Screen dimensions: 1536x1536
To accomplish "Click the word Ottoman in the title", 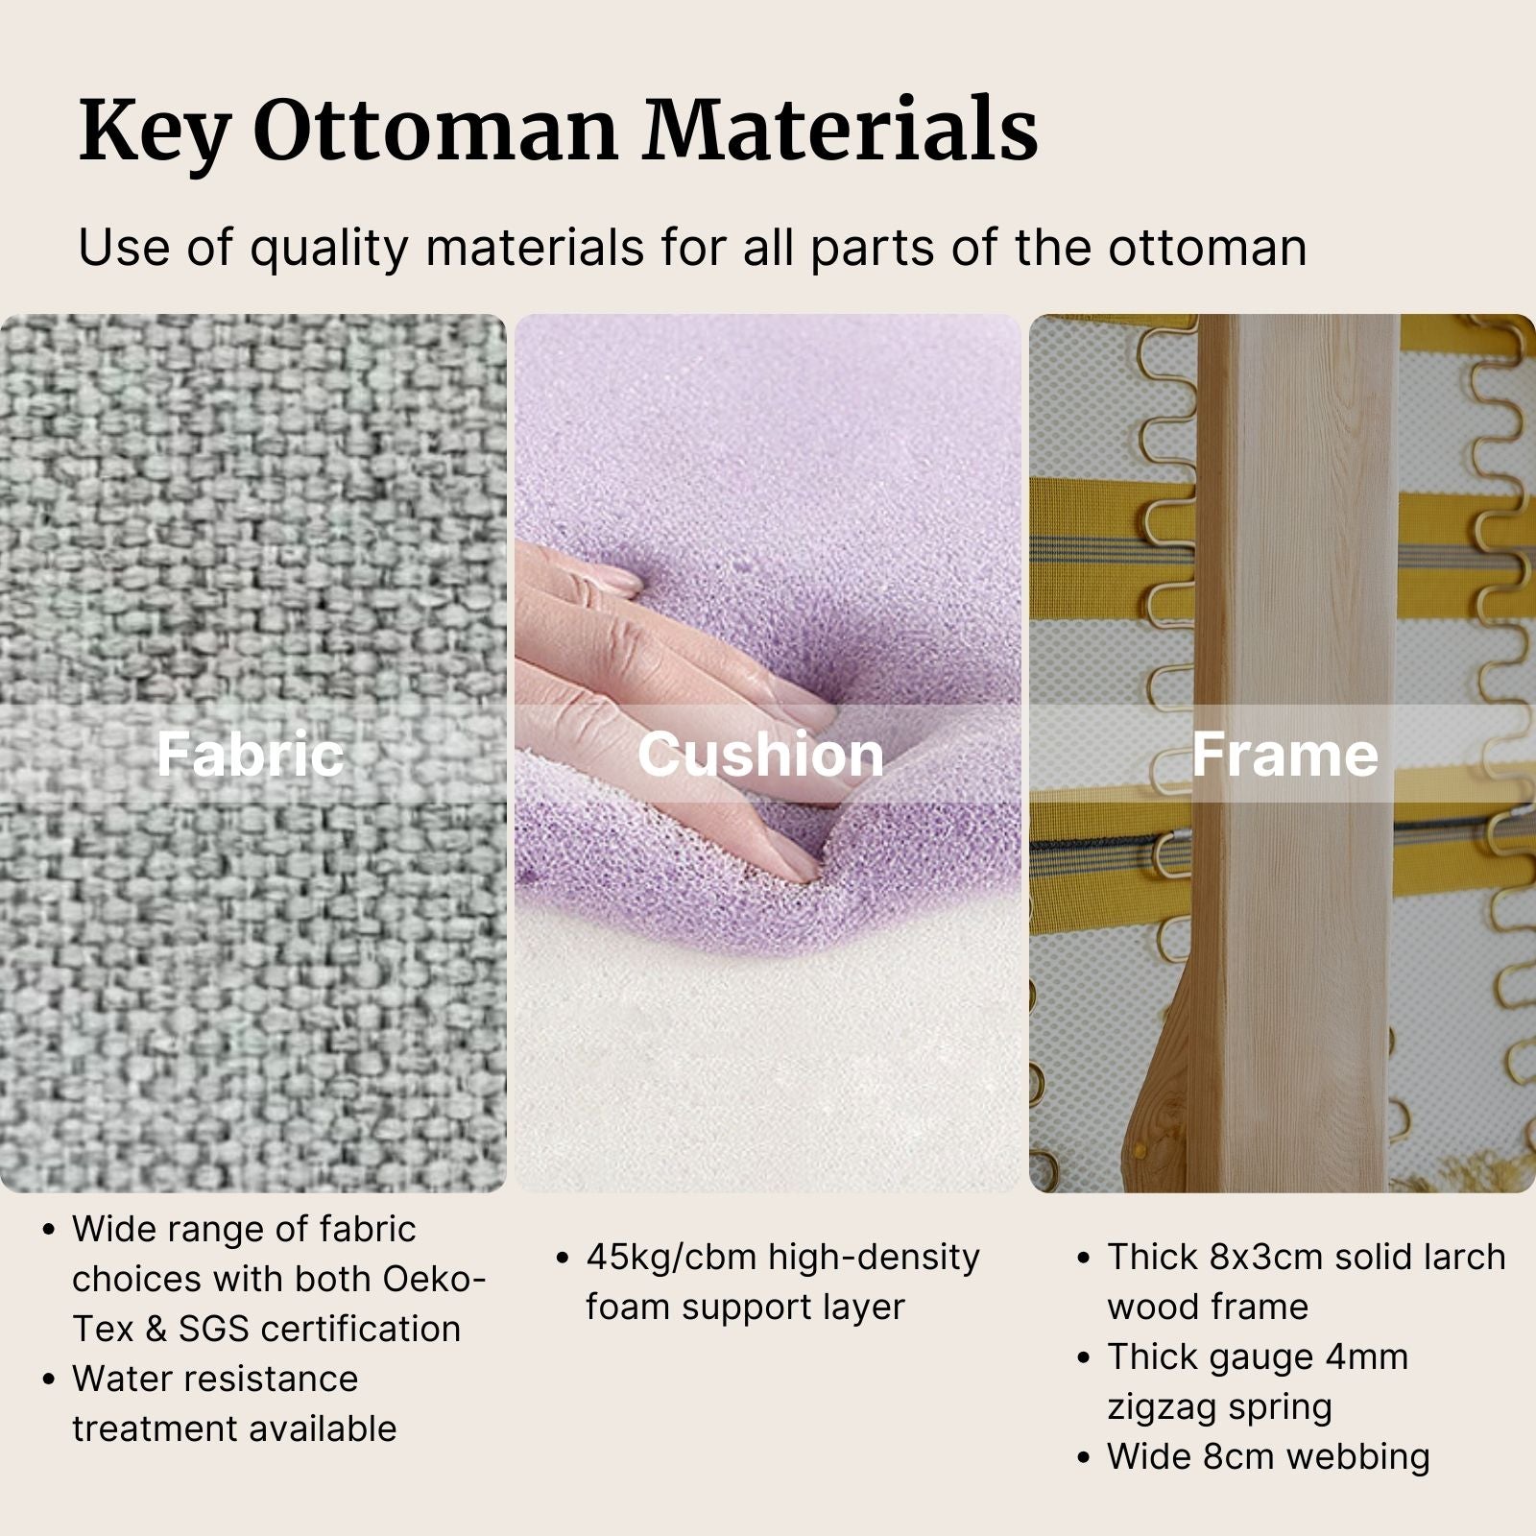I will click(x=436, y=130).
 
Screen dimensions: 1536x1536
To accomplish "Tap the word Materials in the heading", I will click(x=841, y=130).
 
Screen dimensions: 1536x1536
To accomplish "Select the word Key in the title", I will click(x=154, y=132).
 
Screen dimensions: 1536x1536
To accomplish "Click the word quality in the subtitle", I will click(x=329, y=248).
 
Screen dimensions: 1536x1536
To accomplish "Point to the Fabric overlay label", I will click(x=250, y=755).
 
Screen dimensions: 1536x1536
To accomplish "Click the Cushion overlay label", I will click(x=760, y=755).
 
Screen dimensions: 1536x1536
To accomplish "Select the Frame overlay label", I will click(x=1284, y=755).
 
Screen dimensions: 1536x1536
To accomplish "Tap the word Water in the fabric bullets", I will click(x=118, y=1379).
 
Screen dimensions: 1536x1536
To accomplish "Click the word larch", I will click(x=1465, y=1257).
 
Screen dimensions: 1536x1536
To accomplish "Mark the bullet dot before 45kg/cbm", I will click(x=564, y=1258).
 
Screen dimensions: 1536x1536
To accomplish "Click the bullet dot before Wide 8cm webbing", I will click(x=1084, y=1457).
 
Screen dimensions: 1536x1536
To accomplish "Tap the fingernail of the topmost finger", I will click(x=613, y=581).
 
